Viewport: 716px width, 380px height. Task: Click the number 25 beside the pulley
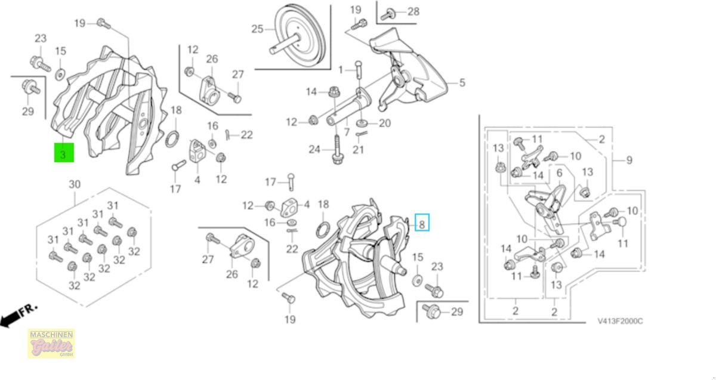[257, 29]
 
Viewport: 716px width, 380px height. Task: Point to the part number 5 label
[462, 83]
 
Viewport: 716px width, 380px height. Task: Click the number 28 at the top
[413, 12]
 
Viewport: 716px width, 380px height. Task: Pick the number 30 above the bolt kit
[74, 184]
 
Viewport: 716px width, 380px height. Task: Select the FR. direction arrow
[18, 316]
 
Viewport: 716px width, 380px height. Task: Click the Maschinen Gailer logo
[51, 344]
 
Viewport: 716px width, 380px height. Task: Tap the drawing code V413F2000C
[620, 321]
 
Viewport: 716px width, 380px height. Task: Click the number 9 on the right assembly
[629, 160]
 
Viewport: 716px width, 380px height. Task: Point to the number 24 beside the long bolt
[315, 149]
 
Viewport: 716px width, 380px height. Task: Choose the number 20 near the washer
[385, 123]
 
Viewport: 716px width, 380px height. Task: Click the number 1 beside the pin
[341, 70]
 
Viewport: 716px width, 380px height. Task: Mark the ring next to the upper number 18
[170, 139]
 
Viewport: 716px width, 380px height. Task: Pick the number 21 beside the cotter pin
[358, 149]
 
